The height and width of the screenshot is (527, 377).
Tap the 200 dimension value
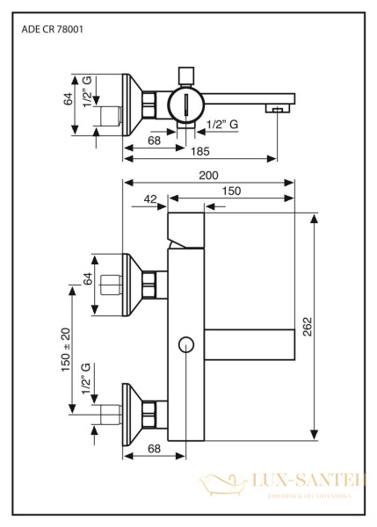tap(207, 176)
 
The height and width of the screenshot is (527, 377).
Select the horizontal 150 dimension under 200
tap(232, 191)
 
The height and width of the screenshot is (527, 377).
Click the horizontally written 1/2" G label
tap(221, 125)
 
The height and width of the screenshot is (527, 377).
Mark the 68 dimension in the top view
tap(154, 140)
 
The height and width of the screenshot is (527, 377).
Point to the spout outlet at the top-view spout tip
tap(278, 110)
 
